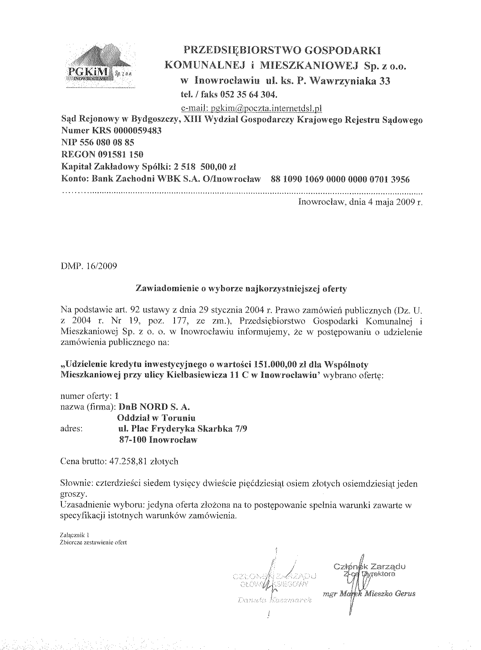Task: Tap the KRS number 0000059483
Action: (x=136, y=131)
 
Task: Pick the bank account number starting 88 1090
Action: (x=340, y=179)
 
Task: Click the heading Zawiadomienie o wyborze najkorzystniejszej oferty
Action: (x=241, y=289)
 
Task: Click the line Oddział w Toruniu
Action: (x=156, y=418)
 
